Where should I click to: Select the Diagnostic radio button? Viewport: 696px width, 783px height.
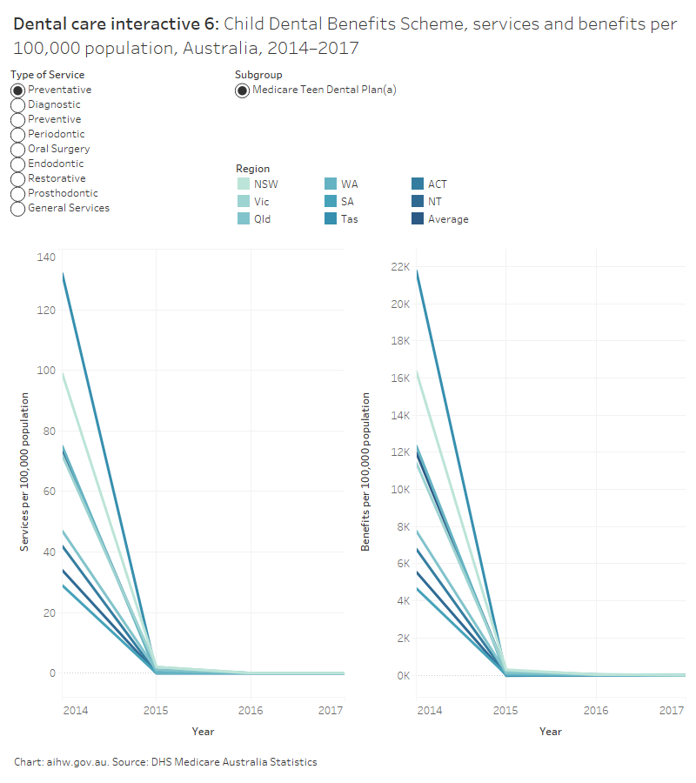point(17,105)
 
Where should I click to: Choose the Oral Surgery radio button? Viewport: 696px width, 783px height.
point(17,150)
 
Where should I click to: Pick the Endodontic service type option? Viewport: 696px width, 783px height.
point(17,164)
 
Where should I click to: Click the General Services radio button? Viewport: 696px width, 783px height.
point(17,209)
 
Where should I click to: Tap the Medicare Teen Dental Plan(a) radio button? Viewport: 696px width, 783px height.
point(243,90)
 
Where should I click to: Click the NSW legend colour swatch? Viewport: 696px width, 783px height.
point(244,184)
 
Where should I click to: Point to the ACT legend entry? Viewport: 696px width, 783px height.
point(437,184)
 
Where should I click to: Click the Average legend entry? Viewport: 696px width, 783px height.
point(447,219)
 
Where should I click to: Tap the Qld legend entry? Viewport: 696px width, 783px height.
point(262,219)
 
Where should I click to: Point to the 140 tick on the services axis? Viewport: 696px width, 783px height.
point(45,257)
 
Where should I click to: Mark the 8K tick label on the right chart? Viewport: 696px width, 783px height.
point(402,526)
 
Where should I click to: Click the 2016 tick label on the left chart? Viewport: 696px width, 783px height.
point(251,711)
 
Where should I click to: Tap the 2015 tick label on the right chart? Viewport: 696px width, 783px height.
point(505,711)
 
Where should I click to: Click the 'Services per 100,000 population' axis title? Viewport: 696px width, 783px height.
point(26,472)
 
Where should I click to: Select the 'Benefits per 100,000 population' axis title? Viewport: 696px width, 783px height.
point(366,471)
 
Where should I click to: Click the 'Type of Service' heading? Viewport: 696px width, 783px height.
point(48,75)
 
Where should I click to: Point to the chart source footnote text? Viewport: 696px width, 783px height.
point(165,762)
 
